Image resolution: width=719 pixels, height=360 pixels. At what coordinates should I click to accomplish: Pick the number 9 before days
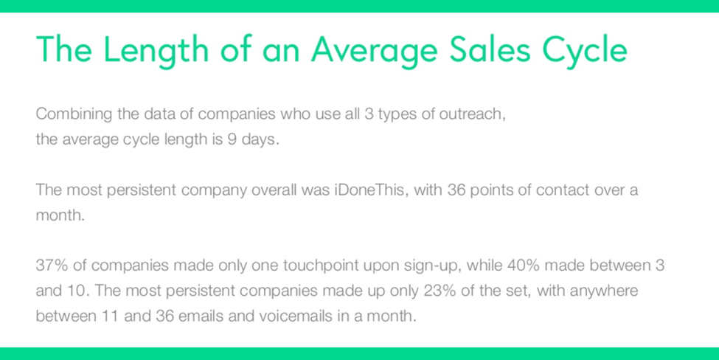(x=232, y=139)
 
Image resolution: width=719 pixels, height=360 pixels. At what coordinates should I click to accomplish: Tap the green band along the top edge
(x=359, y=6)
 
